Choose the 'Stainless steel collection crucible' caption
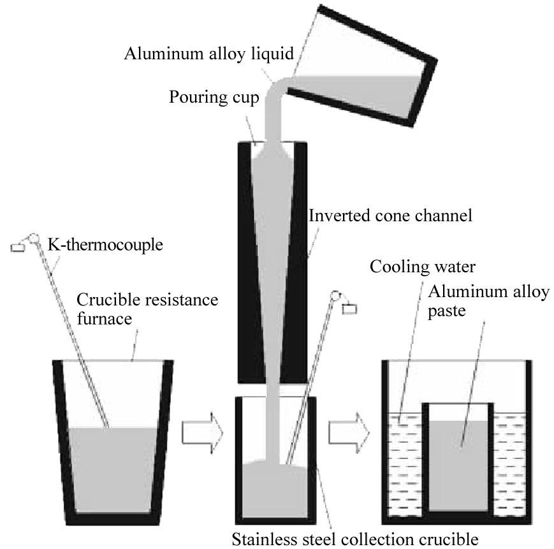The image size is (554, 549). [x=354, y=539]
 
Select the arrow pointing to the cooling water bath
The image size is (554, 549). [x=348, y=433]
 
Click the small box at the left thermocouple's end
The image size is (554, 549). [x=17, y=245]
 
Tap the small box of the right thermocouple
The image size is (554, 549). [x=350, y=309]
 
